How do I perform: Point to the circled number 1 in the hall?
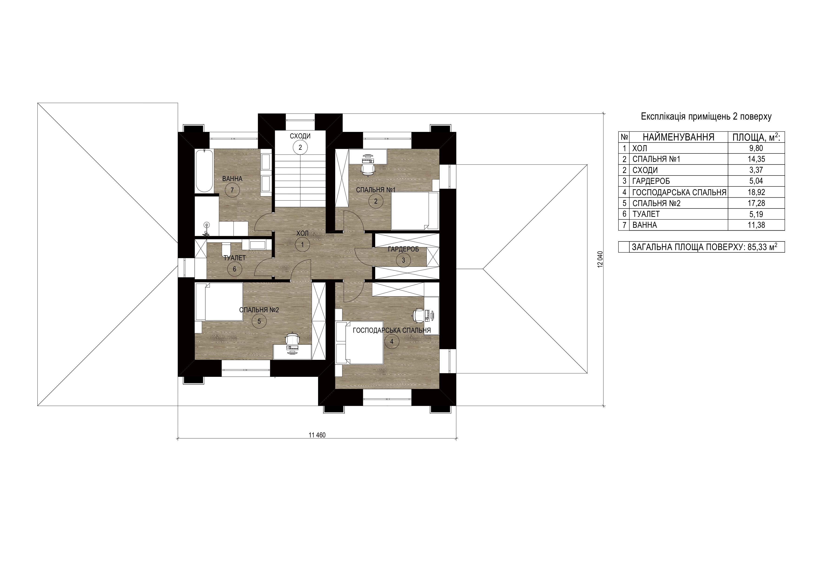point(302,245)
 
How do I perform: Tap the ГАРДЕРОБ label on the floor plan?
point(403,249)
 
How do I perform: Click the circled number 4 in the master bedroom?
point(392,342)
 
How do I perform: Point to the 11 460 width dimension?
point(317,435)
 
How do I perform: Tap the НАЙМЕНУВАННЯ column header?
point(678,137)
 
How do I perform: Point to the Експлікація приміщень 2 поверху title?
point(706,117)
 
